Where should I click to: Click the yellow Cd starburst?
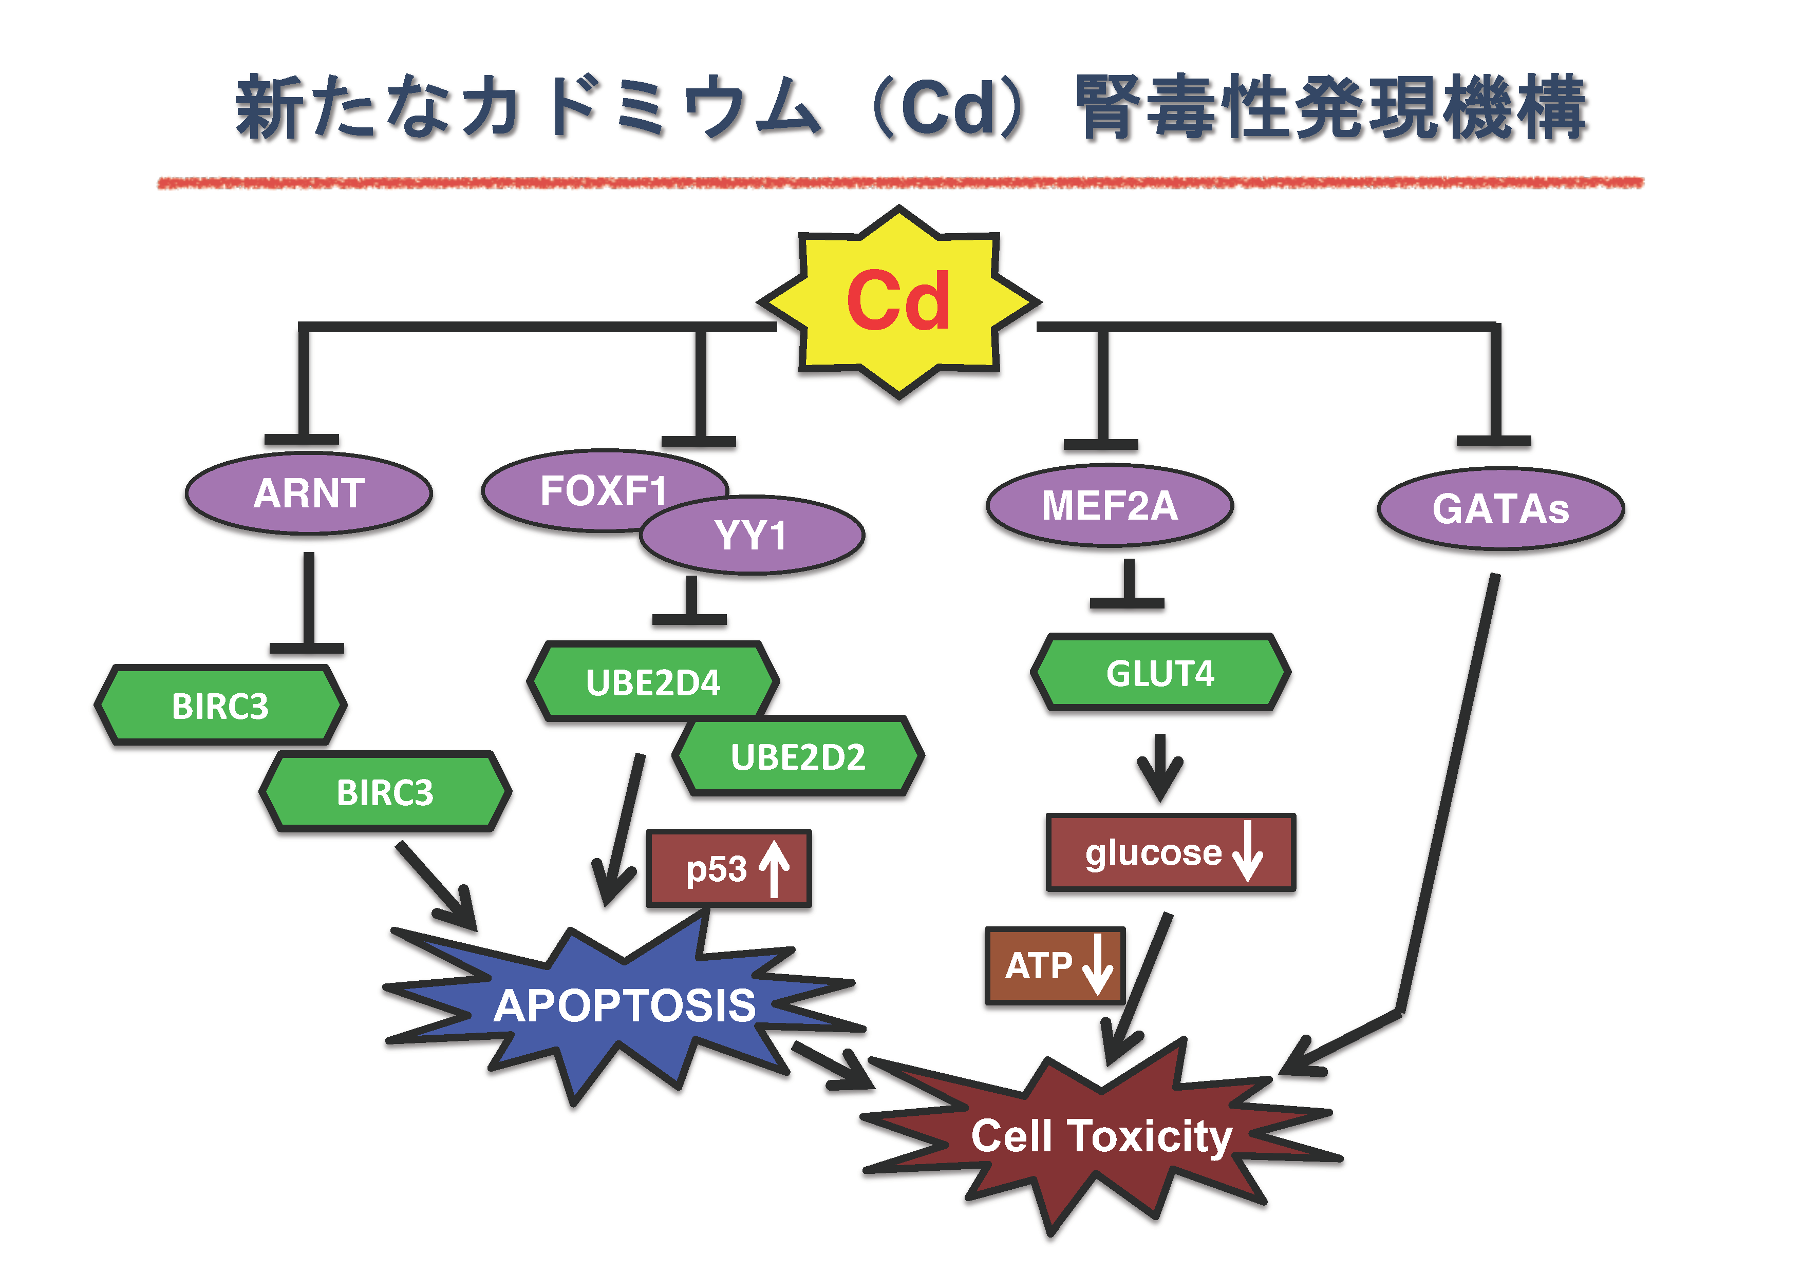pos(899,302)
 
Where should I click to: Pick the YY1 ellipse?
pos(752,536)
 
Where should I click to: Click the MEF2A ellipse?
pos(1110,505)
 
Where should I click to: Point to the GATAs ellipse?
pos(1500,509)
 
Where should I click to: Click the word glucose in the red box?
pos(1153,853)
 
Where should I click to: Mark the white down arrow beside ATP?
pos(1097,964)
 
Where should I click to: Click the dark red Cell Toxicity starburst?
pos(1101,1136)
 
